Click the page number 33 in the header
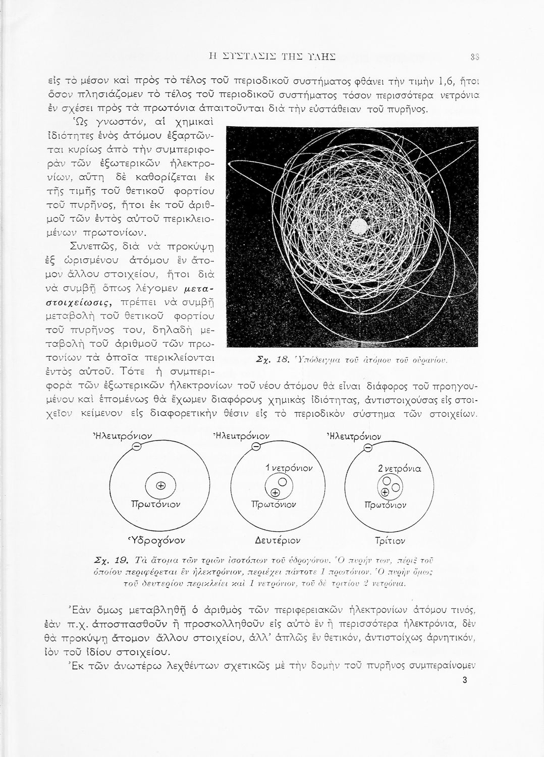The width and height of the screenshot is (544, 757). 474,56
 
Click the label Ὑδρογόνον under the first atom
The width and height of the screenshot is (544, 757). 158,541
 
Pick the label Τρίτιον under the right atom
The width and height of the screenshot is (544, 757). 390,541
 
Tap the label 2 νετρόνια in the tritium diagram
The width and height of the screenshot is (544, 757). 399,469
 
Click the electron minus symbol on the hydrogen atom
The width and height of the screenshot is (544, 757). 136,446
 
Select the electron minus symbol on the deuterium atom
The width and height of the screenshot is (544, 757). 256,446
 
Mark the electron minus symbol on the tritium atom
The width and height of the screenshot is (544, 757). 368,447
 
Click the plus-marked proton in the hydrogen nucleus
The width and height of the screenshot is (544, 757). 161,486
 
